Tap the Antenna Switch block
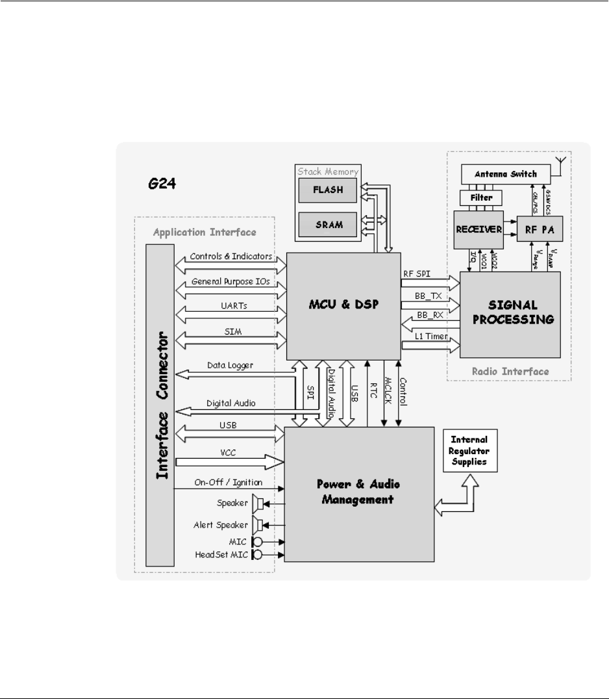[506, 174]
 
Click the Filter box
[482, 197]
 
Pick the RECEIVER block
[482, 228]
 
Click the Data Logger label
[230, 365]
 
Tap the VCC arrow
[231, 461]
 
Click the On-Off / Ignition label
[227, 482]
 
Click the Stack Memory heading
[327, 172]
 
